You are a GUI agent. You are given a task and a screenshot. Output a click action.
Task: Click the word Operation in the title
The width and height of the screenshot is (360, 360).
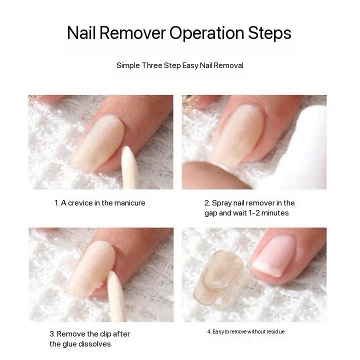206,33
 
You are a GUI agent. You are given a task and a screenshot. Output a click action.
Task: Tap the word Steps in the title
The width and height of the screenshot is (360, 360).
269,33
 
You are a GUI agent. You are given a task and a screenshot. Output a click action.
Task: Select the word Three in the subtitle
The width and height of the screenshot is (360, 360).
152,65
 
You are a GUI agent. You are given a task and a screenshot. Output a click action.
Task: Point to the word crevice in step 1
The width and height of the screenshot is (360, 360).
80,203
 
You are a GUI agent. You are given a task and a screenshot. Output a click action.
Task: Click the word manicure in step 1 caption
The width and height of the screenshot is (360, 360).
129,203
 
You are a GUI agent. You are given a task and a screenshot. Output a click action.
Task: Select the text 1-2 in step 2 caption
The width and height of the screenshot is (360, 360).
254,213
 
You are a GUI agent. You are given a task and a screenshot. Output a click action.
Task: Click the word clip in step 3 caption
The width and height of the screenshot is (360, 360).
105,334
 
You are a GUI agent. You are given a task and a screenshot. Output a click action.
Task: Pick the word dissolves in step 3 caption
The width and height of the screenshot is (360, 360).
94,344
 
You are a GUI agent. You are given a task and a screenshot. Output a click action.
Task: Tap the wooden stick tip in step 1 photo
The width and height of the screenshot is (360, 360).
125,148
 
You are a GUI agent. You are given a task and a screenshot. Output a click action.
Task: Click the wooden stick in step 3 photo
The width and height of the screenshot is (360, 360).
116,296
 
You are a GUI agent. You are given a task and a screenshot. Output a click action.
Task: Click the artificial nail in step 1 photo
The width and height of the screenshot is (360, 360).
97,143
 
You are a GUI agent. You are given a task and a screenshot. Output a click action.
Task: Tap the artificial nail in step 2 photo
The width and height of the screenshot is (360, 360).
238,135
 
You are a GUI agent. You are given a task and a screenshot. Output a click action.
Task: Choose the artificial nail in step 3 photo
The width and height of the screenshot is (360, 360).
90,269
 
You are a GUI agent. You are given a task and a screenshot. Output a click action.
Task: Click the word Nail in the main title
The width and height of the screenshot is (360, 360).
81,33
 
